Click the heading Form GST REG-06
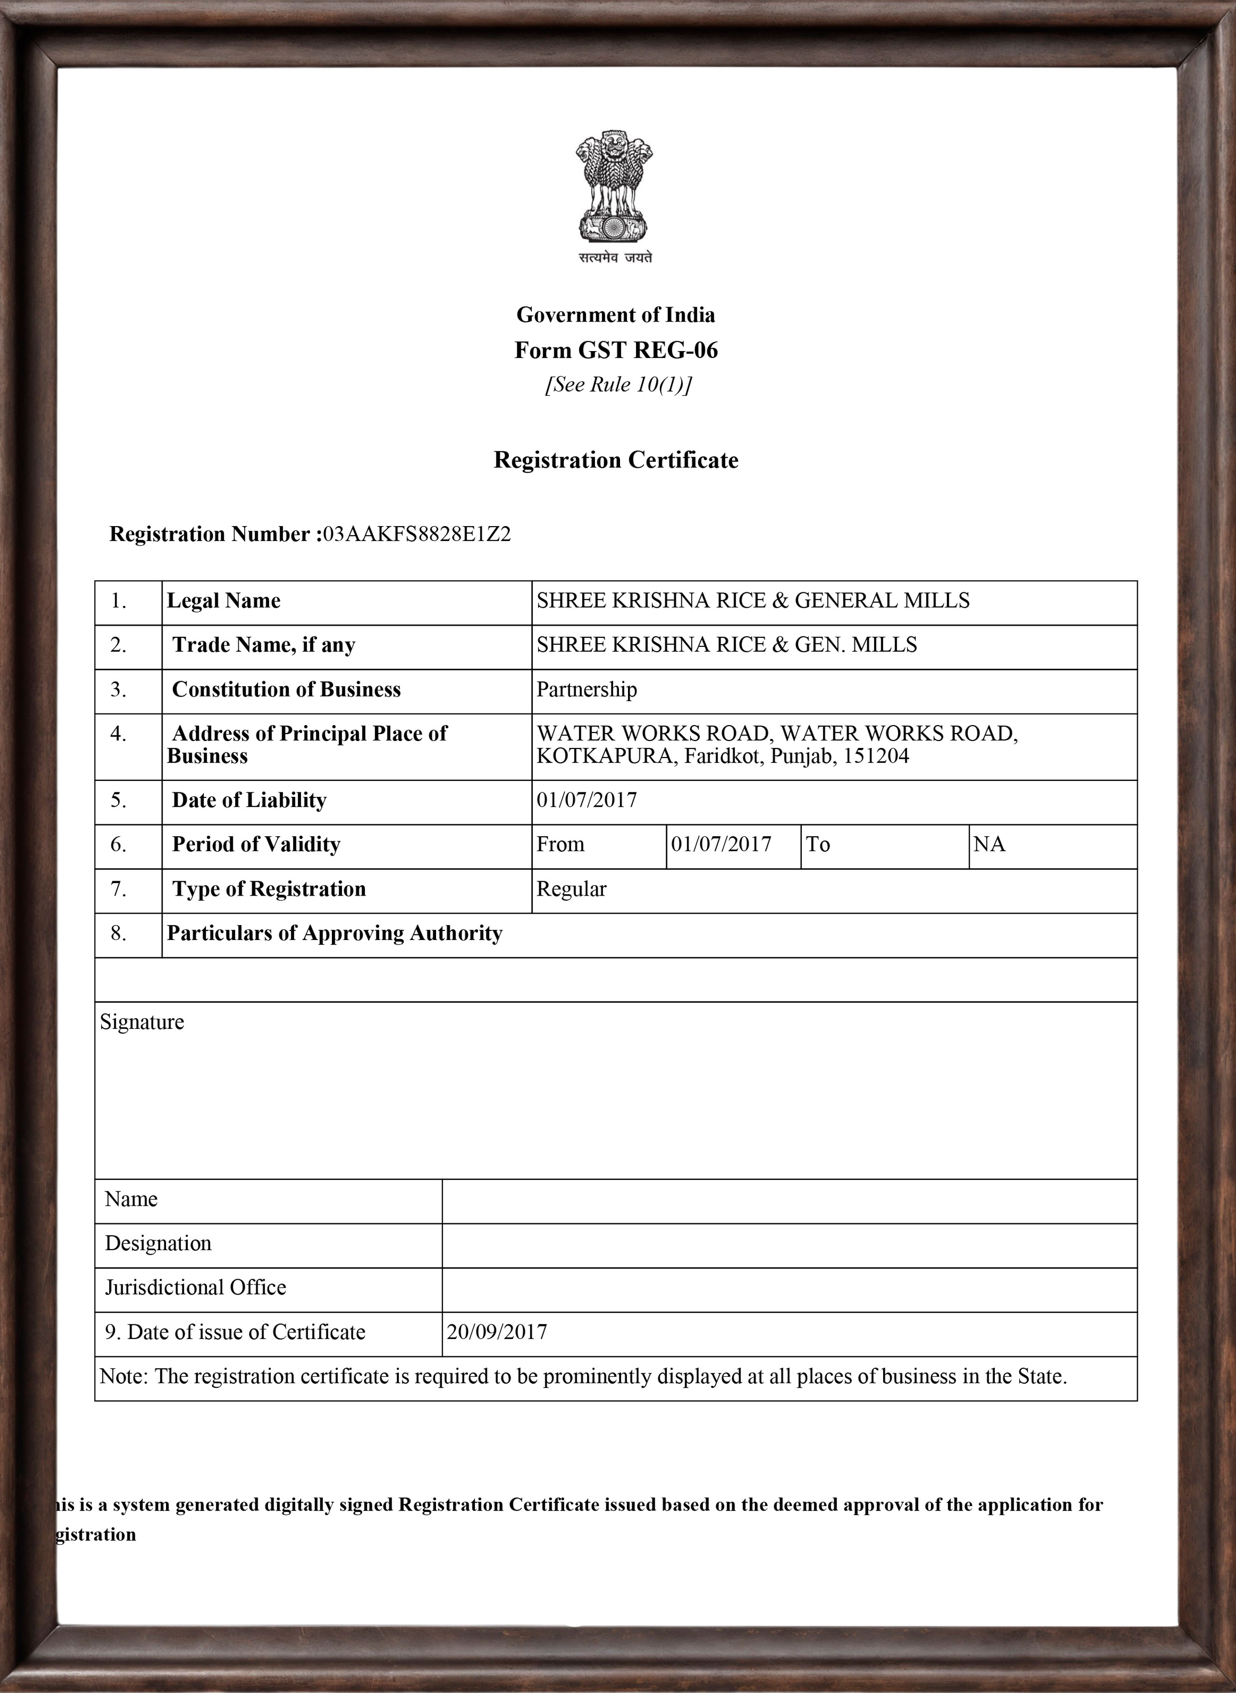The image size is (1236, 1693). click(616, 350)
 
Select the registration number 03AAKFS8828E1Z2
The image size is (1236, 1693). click(417, 535)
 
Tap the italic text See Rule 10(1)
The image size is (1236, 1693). click(618, 384)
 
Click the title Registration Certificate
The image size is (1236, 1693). click(616, 460)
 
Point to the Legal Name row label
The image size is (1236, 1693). click(224, 601)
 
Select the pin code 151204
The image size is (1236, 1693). click(876, 756)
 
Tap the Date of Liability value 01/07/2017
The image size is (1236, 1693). click(587, 800)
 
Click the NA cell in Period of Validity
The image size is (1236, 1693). click(989, 845)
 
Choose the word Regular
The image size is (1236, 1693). click(572, 889)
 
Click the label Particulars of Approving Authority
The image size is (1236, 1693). click(334, 934)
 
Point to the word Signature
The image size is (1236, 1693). click(142, 1022)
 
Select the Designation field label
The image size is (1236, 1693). click(158, 1243)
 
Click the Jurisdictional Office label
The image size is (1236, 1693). click(195, 1288)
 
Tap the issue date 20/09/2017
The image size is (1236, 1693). click(497, 1332)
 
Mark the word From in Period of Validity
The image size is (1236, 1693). click(560, 845)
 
